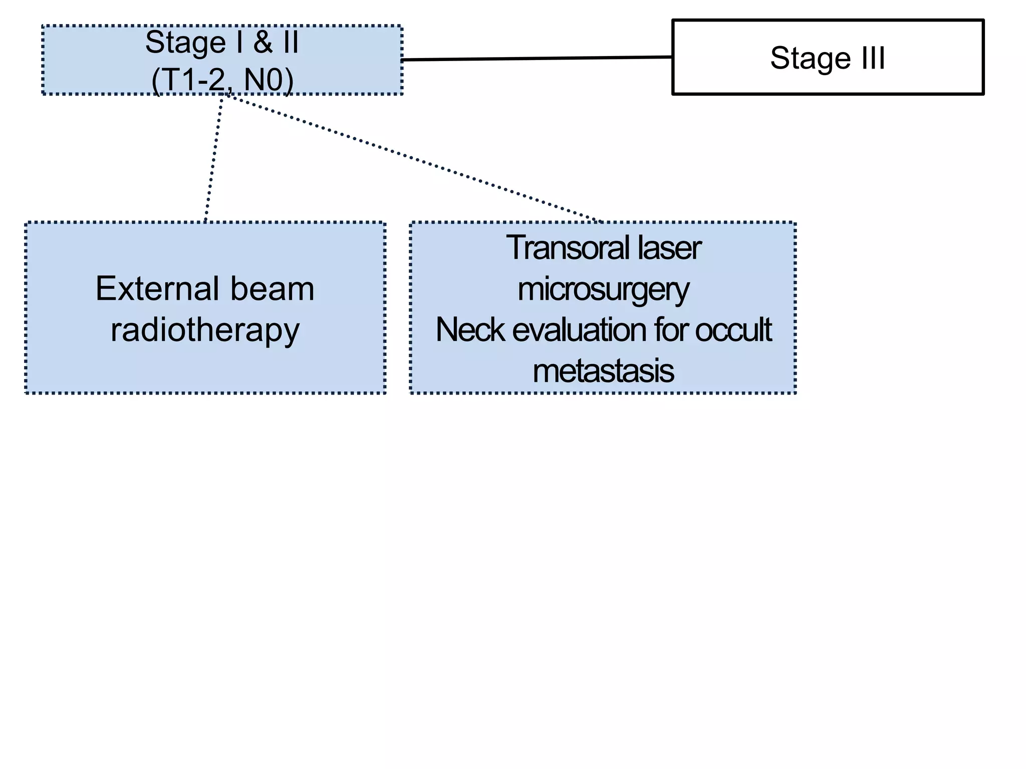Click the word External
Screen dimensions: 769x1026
tap(156, 289)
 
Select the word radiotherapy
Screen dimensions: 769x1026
tap(205, 331)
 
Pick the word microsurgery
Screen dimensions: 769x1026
tap(603, 290)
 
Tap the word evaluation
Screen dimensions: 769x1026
tap(579, 330)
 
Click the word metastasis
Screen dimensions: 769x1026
tap(603, 371)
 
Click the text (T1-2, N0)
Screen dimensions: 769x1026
tap(222, 80)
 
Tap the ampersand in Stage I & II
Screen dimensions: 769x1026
tap(263, 43)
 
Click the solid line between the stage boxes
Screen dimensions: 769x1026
tap(536, 59)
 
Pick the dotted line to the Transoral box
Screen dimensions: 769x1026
tap(411, 158)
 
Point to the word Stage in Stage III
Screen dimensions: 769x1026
tap(810, 58)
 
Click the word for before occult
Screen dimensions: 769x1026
tap(671, 330)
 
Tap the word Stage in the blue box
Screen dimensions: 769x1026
tap(185, 43)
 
